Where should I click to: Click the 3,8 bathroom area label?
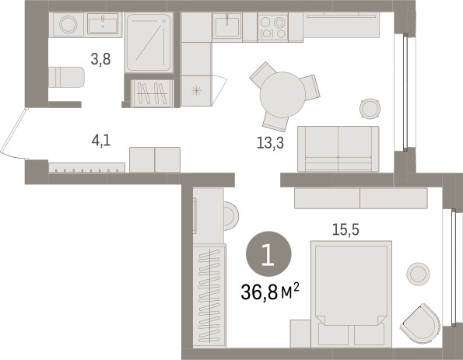click(x=100, y=59)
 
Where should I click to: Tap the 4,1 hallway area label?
click(x=101, y=140)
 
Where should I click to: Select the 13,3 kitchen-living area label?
click(x=270, y=143)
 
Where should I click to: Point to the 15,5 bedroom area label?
click(x=345, y=229)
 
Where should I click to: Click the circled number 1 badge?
click(x=268, y=253)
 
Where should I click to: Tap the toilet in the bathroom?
click(x=66, y=77)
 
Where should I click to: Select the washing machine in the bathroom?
click(x=68, y=24)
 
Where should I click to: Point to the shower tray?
click(x=149, y=43)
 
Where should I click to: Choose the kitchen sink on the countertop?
click(x=226, y=26)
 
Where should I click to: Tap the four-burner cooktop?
click(x=273, y=27)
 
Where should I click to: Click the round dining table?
click(x=282, y=95)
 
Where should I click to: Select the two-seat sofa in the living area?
click(x=338, y=149)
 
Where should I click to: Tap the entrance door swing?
click(x=13, y=134)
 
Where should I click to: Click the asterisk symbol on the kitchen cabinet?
click(x=196, y=91)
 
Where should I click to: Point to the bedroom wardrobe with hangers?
click(x=209, y=295)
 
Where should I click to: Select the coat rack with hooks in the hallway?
click(x=86, y=168)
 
